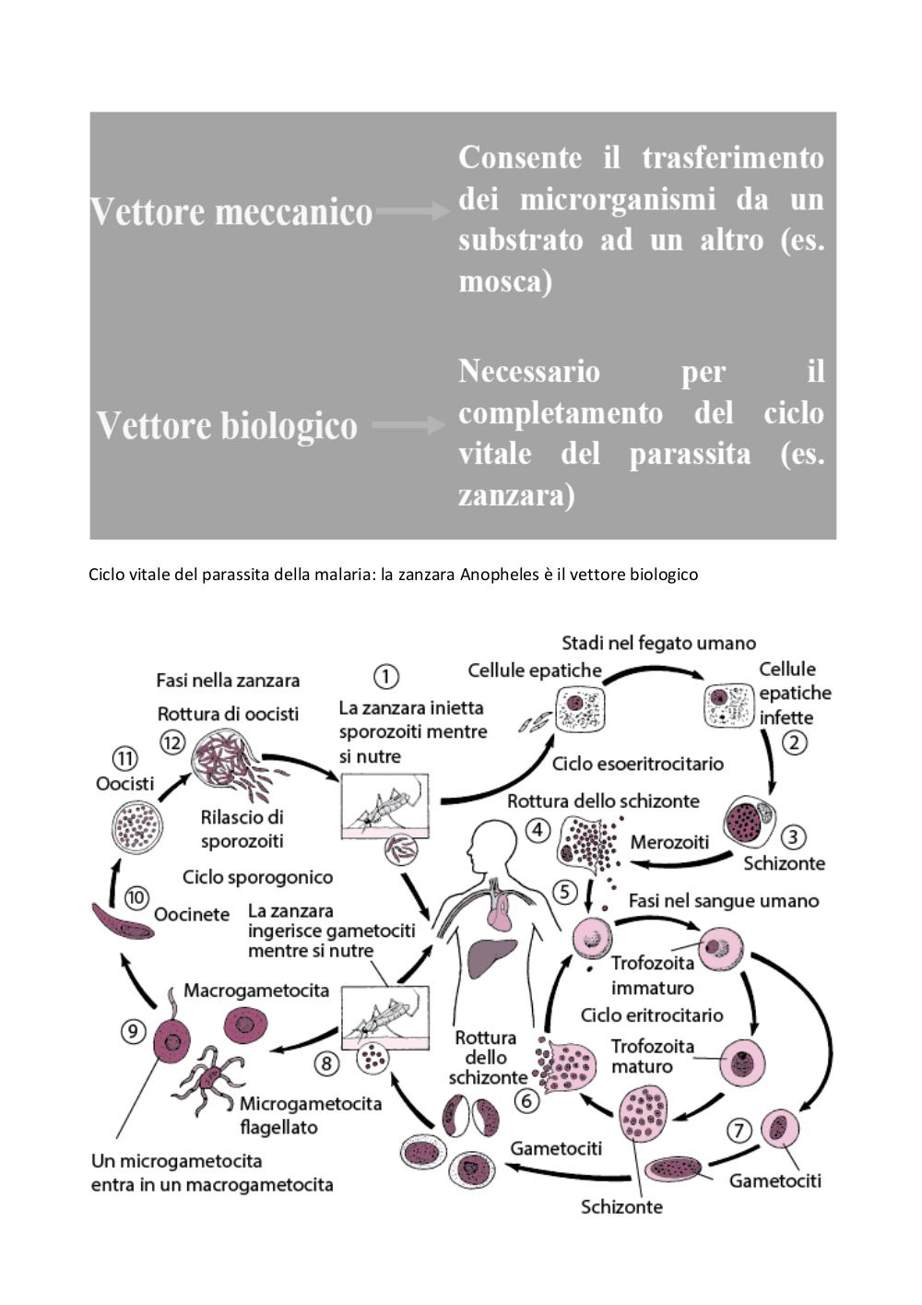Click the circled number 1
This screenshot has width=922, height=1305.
coord(385,676)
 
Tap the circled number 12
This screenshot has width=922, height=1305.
coord(172,742)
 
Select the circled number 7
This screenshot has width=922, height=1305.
coord(739,1131)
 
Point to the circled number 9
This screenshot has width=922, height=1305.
coord(133,1032)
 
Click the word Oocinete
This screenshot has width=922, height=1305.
coord(192,915)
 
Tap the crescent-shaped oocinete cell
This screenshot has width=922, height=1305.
coord(123,920)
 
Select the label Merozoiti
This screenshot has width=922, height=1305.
coord(669,842)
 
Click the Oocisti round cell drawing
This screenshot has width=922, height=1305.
coord(136,826)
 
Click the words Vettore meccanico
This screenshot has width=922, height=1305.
coord(230,211)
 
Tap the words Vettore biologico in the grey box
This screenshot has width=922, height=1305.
coord(227,425)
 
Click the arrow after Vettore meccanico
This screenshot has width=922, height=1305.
coord(412,210)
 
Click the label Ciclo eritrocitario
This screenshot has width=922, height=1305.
coord(652,1014)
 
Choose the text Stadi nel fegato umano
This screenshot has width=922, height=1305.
coord(658,643)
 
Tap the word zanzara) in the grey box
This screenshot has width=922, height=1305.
coord(516,495)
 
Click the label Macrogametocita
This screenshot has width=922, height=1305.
coord(256,991)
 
